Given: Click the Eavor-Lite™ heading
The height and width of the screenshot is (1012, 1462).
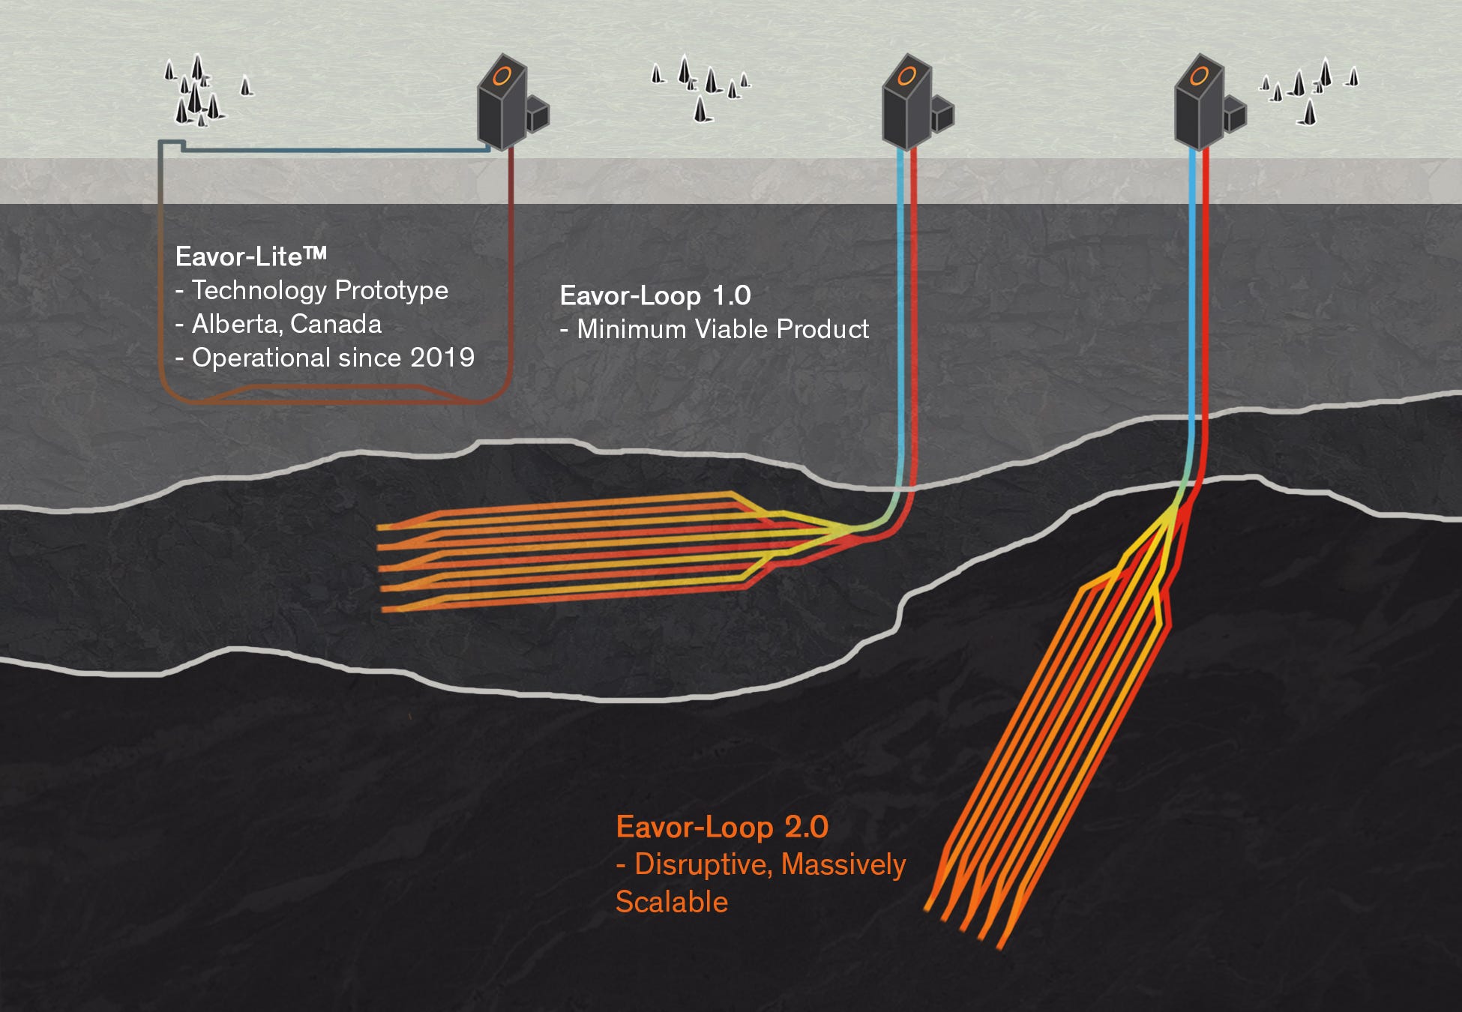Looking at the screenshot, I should [250, 256].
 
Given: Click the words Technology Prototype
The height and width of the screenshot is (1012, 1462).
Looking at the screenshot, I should [319, 290].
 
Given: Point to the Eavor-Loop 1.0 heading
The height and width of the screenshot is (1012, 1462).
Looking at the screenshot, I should [655, 295].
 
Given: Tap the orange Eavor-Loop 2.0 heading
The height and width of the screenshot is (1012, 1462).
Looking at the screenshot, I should [721, 827].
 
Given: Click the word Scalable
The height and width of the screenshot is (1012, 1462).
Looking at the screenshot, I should [671, 902].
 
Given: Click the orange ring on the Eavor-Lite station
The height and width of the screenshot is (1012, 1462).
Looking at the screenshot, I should [502, 76].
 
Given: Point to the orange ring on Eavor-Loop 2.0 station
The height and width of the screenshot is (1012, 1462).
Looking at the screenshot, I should [1199, 76].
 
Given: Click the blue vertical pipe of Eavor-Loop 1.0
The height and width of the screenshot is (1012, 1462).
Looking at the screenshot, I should [900, 315].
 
